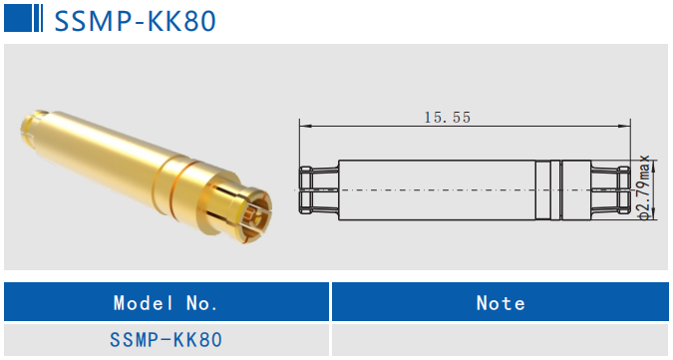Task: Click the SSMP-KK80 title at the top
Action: (135, 21)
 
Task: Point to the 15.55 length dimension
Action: (447, 117)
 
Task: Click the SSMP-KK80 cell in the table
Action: (167, 340)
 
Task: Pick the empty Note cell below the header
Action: (501, 340)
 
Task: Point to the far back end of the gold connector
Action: (27, 129)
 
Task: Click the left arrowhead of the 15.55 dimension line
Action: (304, 126)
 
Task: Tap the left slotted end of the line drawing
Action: (319, 188)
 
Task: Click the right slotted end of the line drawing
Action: (610, 188)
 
